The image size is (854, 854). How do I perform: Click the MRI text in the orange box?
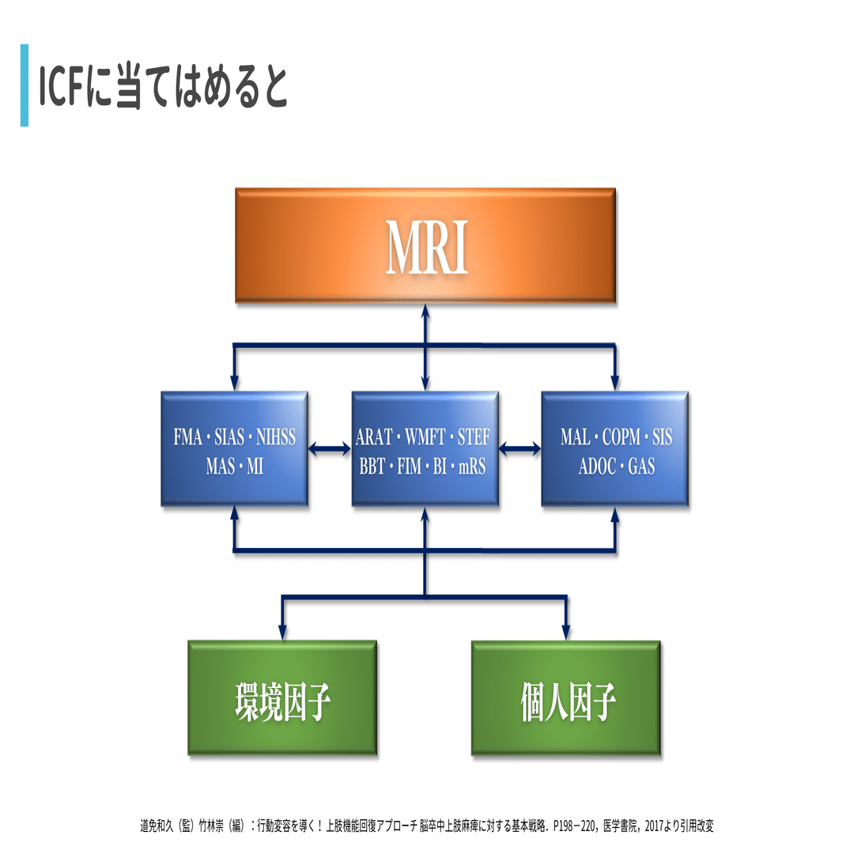click(x=426, y=248)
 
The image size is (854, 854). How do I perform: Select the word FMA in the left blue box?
click(x=187, y=436)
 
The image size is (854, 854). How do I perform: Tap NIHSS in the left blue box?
click(x=276, y=436)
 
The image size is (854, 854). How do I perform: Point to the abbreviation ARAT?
click(x=373, y=436)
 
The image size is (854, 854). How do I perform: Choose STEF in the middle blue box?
click(x=474, y=436)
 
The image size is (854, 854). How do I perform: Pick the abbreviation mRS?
click(x=471, y=467)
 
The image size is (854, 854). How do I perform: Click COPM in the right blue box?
click(x=622, y=436)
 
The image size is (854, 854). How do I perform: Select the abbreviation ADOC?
click(x=598, y=467)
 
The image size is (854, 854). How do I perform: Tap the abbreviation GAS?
click(x=641, y=467)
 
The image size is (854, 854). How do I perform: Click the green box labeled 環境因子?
click(x=282, y=697)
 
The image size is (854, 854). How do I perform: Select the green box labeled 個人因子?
click(x=566, y=697)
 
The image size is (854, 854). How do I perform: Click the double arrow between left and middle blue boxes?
click(x=330, y=449)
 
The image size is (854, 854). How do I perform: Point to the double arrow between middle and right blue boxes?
click(x=520, y=449)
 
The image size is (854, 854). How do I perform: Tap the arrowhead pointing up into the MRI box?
click(x=425, y=312)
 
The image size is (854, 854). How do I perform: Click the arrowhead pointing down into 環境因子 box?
click(x=282, y=632)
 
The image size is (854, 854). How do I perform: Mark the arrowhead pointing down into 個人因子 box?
click(x=566, y=632)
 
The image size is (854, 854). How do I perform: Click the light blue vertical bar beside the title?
click(x=25, y=85)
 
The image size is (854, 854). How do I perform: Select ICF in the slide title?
click(x=61, y=87)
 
